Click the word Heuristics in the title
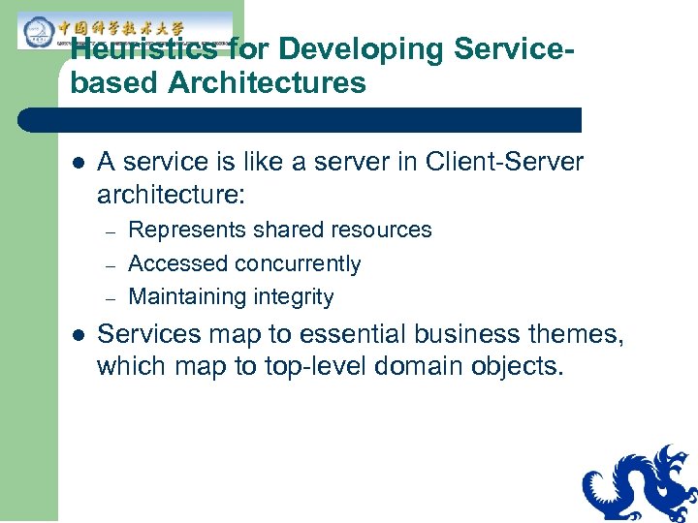[143, 51]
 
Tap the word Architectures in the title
[267, 83]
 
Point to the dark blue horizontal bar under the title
[301, 120]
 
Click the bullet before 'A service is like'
[78, 163]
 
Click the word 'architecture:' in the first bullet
[172, 196]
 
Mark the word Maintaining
[187, 297]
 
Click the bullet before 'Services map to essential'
[78, 335]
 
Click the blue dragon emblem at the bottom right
[640, 484]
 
